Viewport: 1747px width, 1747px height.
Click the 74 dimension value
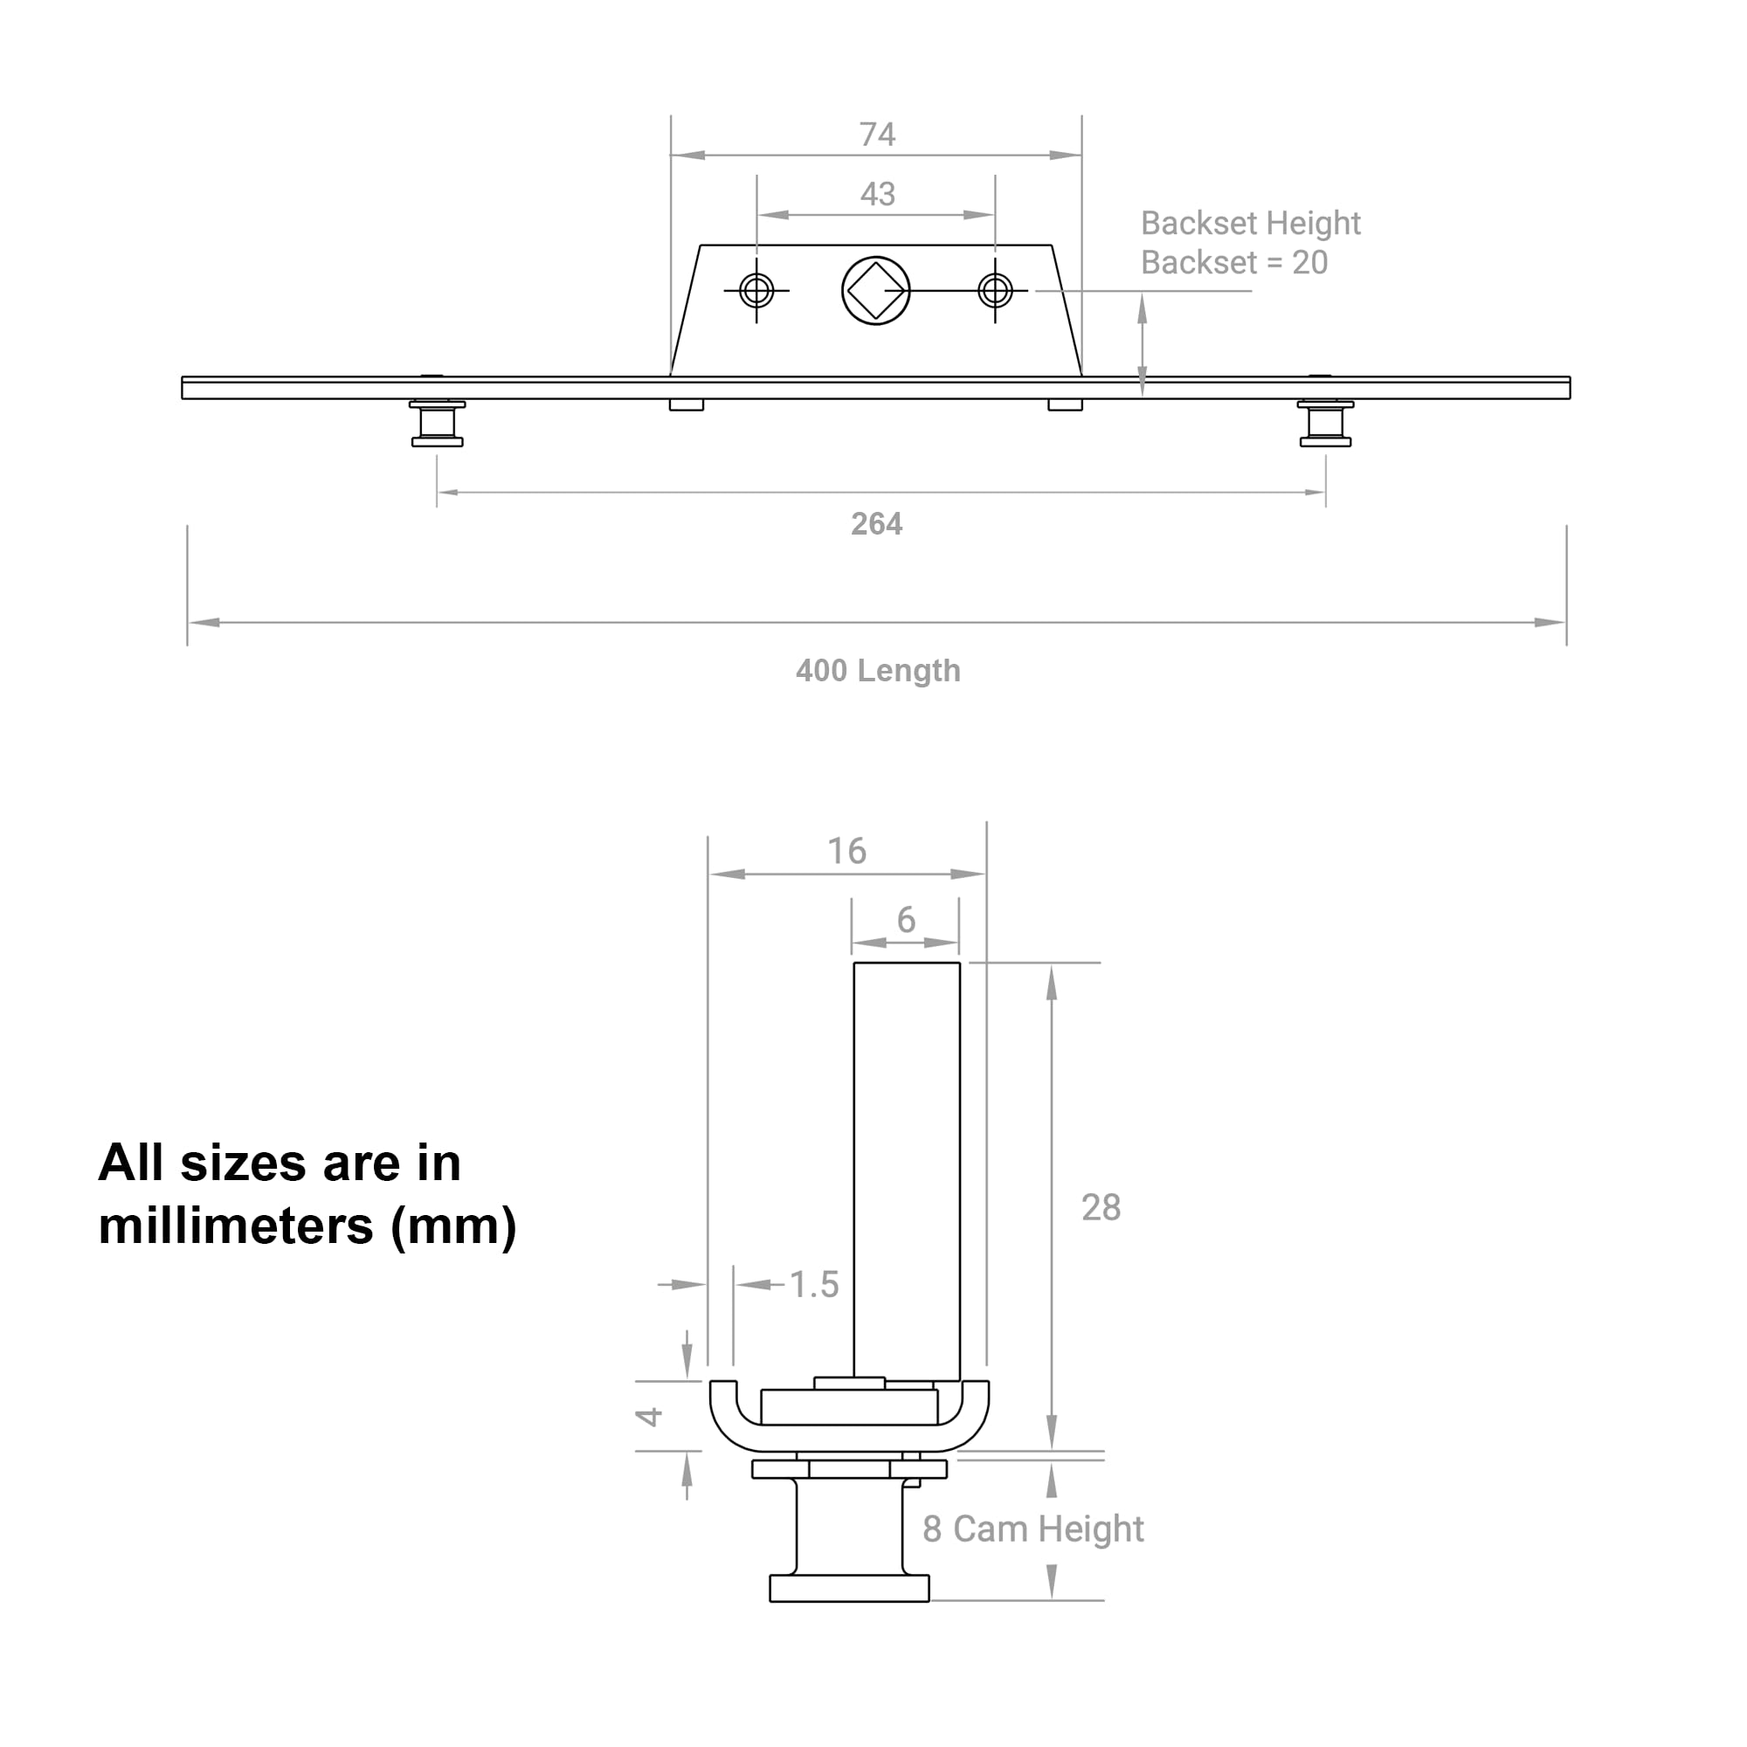tap(876, 135)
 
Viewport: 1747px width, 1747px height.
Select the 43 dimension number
tap(877, 195)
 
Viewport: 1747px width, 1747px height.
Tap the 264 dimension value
tap(876, 524)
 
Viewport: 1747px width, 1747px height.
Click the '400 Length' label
tap(878, 671)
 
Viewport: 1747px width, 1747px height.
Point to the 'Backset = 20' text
tap(1233, 263)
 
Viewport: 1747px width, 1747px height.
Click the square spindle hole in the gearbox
tap(875, 291)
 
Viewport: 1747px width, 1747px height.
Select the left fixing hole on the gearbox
tap(756, 291)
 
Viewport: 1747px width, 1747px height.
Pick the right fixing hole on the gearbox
tap(995, 291)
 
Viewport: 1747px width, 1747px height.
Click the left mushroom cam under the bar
tap(438, 423)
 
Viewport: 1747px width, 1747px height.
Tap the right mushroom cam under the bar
tap(1326, 423)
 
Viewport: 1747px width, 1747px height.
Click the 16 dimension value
tap(846, 851)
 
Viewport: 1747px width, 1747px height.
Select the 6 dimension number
tap(906, 921)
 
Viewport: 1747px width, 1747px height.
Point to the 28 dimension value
tap(1101, 1208)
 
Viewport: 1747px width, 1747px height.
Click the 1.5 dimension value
tap(814, 1285)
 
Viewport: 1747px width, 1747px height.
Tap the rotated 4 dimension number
tap(649, 1417)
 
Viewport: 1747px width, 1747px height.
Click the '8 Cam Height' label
tap(1032, 1529)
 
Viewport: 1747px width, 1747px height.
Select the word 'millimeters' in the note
tap(236, 1226)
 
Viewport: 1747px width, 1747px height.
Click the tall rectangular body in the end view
tap(906, 1172)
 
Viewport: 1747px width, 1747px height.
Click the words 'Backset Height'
tap(1250, 224)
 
